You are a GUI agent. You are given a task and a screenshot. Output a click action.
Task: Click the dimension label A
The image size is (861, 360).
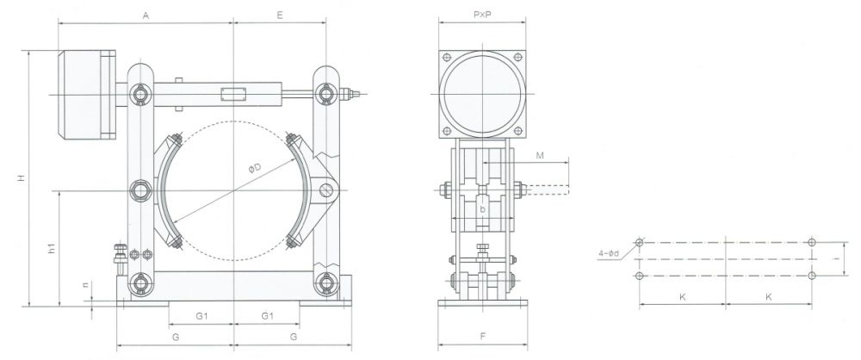(145, 15)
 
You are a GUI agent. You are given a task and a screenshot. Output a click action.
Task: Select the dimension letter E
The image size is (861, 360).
(280, 15)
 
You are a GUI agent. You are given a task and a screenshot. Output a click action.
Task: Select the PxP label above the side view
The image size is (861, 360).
(482, 15)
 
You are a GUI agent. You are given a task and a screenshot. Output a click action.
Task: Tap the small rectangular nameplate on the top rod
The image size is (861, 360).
(233, 92)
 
